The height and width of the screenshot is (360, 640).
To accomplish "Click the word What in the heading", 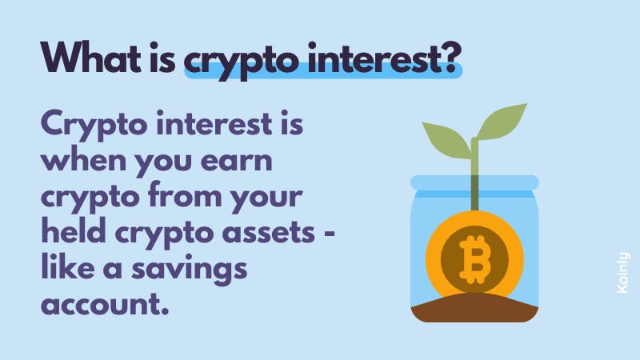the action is coord(90,58).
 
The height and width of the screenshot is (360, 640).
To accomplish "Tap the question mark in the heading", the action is coord(452,58).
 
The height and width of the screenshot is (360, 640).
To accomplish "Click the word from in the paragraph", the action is coord(185,195).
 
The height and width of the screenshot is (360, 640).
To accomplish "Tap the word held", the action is coord(74,231).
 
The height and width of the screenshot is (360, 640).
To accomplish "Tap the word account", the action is coord(105,305).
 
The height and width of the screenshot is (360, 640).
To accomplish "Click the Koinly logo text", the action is coord(623,272).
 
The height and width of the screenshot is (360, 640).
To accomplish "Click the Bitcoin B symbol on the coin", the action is coord(474,259).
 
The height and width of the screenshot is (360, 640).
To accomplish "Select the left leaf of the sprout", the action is coord(447,138).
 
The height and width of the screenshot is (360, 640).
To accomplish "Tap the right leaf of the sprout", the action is coord(502,122).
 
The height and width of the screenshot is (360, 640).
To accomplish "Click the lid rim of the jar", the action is coord(474,182).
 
